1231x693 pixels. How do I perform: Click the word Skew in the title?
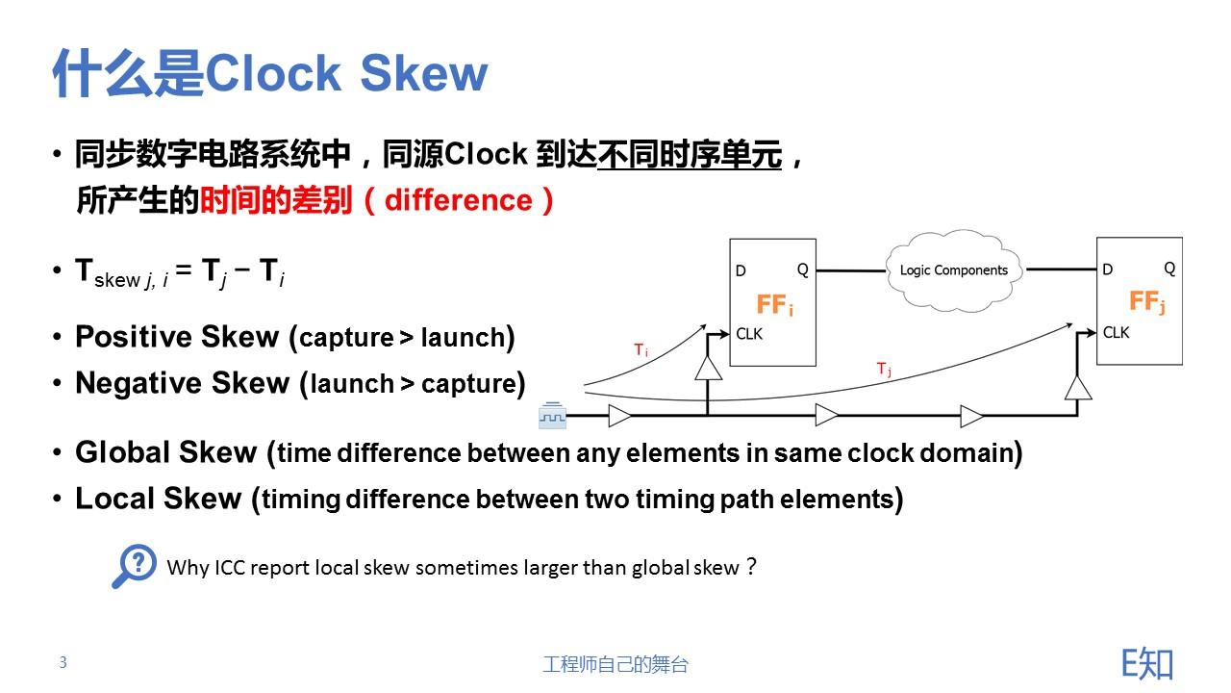pos(423,74)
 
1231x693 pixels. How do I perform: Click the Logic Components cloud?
pos(953,270)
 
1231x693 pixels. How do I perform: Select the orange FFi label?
pos(774,306)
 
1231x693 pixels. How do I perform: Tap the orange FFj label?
pos(1146,302)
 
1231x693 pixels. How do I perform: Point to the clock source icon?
pos(552,416)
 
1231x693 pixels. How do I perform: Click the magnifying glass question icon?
pos(134,566)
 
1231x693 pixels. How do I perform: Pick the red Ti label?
pos(641,351)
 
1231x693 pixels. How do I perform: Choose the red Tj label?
pos(884,369)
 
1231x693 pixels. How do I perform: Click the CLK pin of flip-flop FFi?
pos(750,334)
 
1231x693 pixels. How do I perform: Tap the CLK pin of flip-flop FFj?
pos(1117,332)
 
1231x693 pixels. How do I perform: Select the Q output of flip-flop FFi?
pos(803,269)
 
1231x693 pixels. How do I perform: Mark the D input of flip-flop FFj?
pos(1108,269)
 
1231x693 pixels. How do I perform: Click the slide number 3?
pos(63,662)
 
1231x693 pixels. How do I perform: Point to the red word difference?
pos(459,200)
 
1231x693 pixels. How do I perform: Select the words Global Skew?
pos(166,452)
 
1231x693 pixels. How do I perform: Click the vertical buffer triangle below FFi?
pos(708,369)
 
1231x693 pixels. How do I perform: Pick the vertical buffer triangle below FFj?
pos(1078,387)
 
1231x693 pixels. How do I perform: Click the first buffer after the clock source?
pos(620,416)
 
